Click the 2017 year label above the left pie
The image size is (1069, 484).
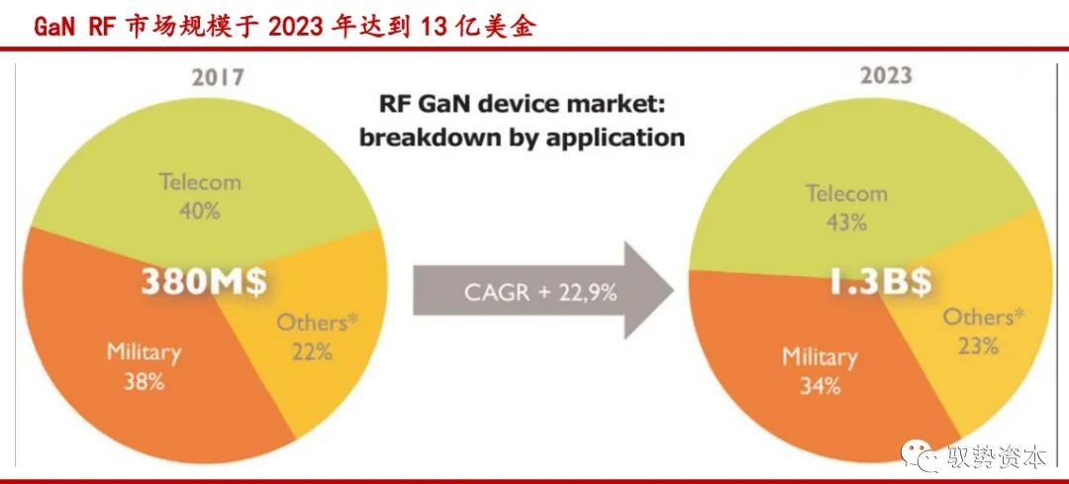pyautogui.click(x=218, y=77)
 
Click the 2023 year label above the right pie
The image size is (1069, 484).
pyautogui.click(x=886, y=74)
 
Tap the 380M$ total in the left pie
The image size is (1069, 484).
pyautogui.click(x=204, y=282)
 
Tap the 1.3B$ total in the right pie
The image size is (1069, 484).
pyautogui.click(x=880, y=281)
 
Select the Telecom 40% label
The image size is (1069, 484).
pyautogui.click(x=200, y=196)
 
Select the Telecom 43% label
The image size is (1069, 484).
pyautogui.click(x=846, y=207)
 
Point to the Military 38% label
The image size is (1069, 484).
pyautogui.click(x=144, y=367)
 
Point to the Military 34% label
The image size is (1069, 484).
pyautogui.click(x=820, y=371)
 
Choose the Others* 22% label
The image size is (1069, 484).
pyautogui.click(x=317, y=337)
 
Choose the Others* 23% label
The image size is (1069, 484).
pyautogui.click(x=983, y=332)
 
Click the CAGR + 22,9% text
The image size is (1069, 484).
pyautogui.click(x=540, y=292)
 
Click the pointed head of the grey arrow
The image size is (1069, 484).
pyautogui.click(x=673, y=290)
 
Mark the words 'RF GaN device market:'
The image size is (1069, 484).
pyautogui.click(x=523, y=106)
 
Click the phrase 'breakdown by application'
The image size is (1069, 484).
pyautogui.click(x=523, y=138)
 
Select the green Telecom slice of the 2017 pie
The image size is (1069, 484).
pyautogui.click(x=205, y=170)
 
